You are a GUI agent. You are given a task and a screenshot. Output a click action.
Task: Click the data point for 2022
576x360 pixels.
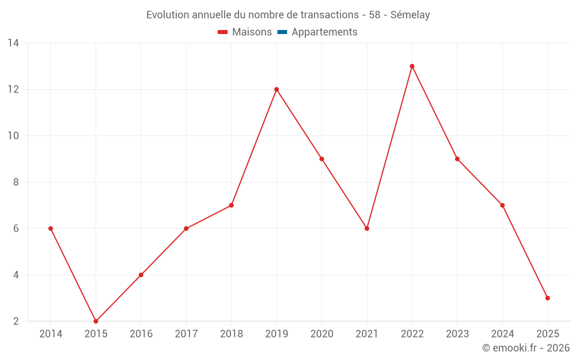412,66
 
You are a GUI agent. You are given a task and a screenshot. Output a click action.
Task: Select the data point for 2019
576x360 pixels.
276,89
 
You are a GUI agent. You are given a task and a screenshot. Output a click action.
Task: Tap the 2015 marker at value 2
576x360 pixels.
96,321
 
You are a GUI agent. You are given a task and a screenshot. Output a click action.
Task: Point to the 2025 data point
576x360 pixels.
547,298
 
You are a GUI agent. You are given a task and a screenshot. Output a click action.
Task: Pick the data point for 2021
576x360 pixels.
367,229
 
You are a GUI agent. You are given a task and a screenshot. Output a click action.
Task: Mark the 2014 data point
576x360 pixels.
51,229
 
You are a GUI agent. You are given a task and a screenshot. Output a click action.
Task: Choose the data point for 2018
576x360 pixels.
231,205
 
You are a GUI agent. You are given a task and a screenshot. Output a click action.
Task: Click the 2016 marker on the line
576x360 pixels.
141,275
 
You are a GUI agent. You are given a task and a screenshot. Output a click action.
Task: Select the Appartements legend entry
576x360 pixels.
324,32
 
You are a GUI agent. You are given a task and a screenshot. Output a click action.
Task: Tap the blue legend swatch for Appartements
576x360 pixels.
282,32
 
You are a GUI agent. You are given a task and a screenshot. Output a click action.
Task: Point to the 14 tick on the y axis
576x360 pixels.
13,43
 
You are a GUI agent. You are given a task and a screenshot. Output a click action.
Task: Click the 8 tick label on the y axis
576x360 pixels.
16,182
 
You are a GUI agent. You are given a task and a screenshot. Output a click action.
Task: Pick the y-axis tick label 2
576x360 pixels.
16,321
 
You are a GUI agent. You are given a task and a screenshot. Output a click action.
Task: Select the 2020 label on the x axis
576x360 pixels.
321,334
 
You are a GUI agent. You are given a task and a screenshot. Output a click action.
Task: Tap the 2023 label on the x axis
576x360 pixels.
457,334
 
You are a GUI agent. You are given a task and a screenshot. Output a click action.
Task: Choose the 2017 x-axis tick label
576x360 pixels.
186,334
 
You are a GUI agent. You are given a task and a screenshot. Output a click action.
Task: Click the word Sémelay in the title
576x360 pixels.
410,15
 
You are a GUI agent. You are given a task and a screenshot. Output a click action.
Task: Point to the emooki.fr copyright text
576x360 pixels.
526,348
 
